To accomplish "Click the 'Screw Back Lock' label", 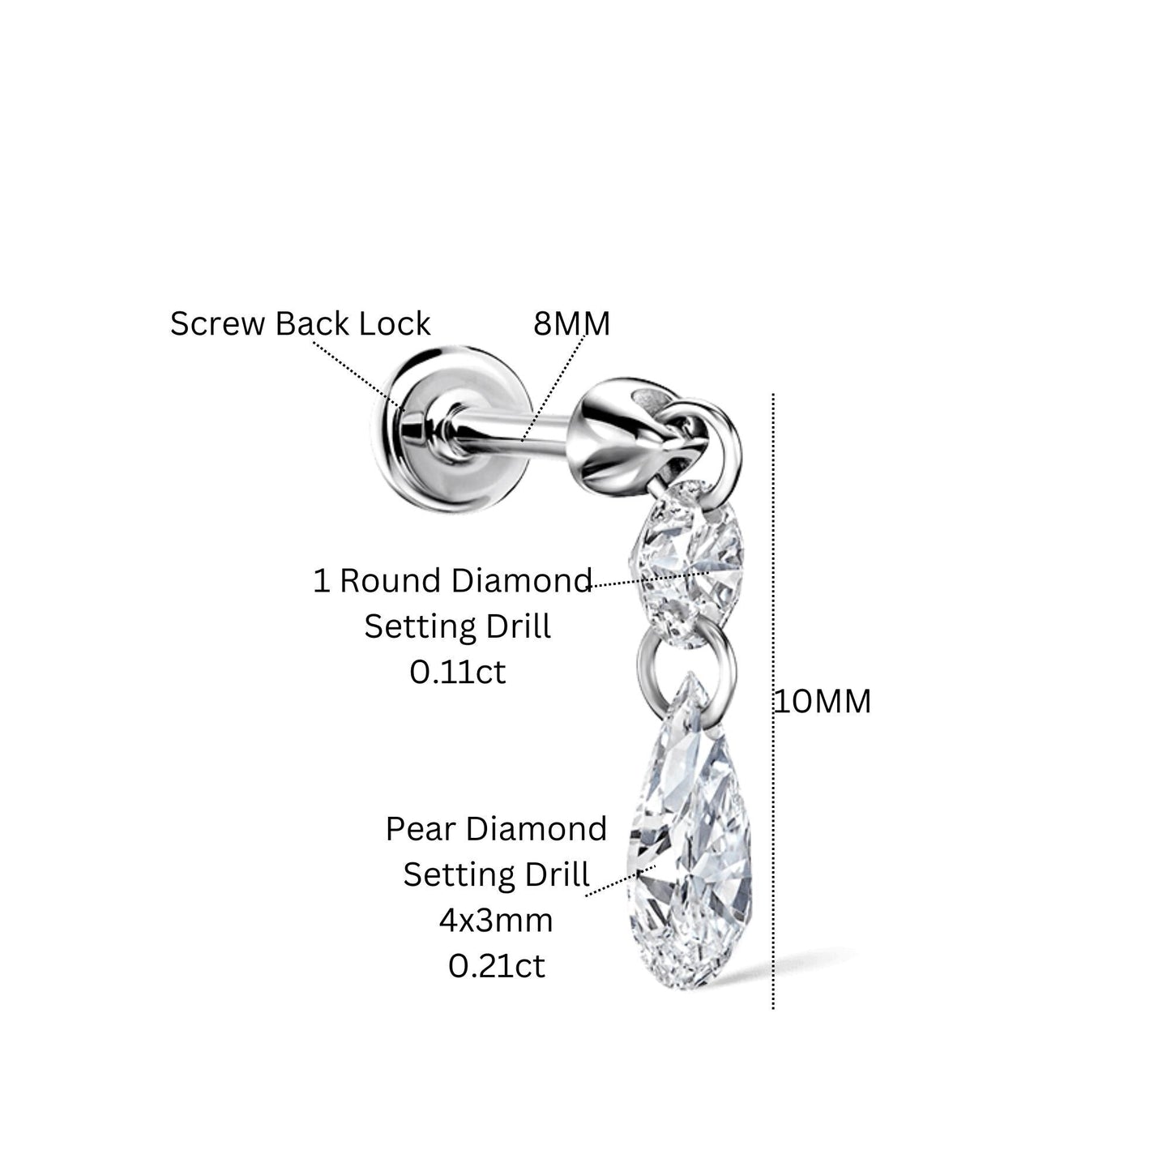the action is tap(300, 323).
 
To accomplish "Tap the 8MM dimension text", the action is tap(572, 324).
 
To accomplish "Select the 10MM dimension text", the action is tap(823, 701).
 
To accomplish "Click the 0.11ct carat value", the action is tap(458, 672).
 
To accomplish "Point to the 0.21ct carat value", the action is tap(497, 966).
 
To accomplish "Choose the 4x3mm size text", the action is tap(496, 920).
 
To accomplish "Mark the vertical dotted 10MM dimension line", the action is tap(773, 701).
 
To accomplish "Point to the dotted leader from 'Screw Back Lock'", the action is tap(357, 375).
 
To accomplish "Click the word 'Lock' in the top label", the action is tap(395, 323).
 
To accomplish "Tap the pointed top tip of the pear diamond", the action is tap(690, 672).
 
